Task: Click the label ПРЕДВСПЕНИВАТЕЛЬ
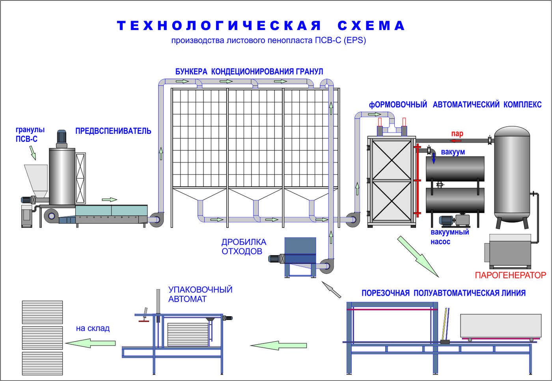point(113,131)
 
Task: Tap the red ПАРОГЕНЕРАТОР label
point(510,275)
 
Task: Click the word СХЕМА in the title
point(371,26)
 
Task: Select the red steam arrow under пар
point(456,141)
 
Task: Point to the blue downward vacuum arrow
point(434,158)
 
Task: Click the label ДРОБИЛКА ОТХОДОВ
point(244,246)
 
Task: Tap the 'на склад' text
point(93,328)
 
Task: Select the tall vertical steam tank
point(512,177)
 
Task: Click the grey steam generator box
point(509,251)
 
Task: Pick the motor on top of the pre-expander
point(62,139)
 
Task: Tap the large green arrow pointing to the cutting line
point(418,257)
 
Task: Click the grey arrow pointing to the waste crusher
point(331,289)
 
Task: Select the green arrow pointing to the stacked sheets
point(90,343)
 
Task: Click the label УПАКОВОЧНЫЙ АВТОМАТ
point(200,294)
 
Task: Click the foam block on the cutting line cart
point(501,325)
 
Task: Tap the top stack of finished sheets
point(43,312)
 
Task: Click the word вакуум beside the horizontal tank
point(453,152)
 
